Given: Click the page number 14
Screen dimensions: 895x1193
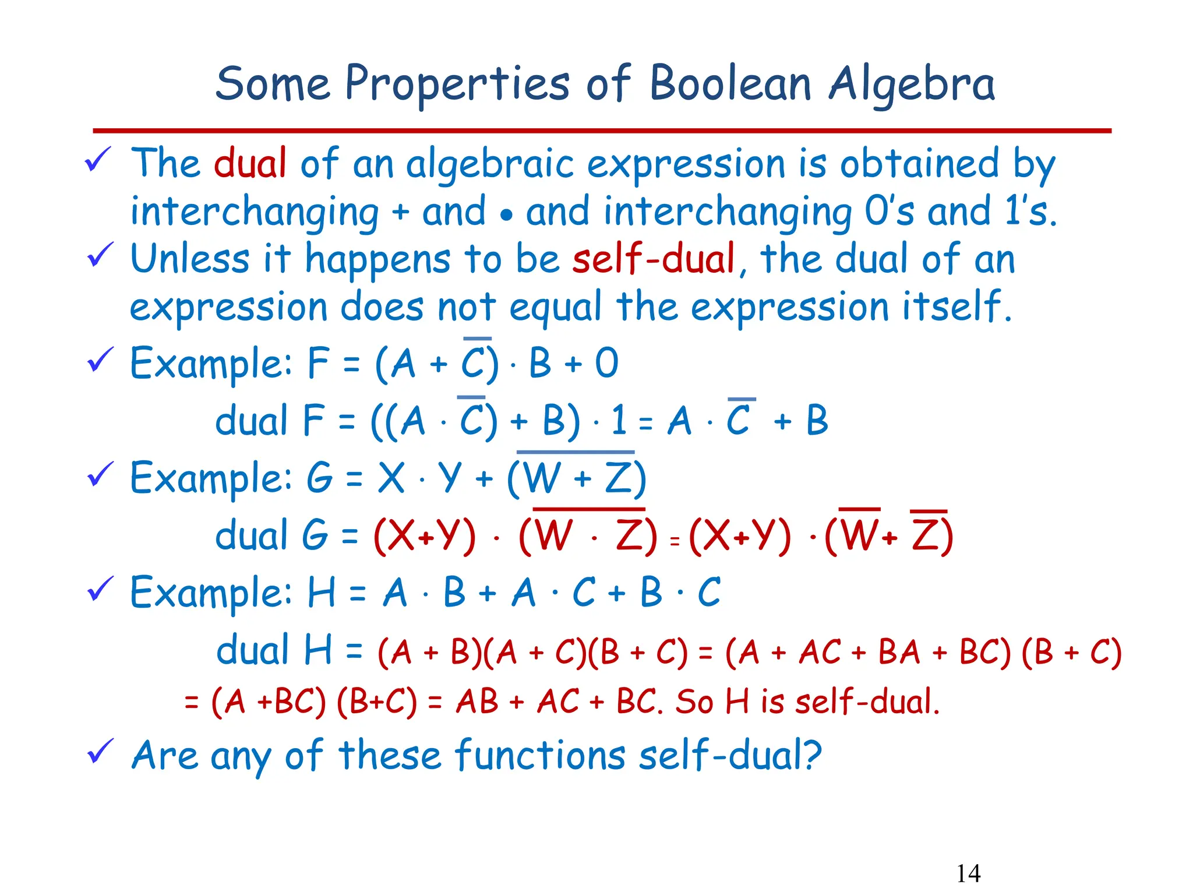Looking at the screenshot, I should (968, 873).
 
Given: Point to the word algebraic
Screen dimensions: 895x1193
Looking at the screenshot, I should (489, 165).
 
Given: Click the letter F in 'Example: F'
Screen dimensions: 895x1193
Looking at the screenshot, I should (318, 363).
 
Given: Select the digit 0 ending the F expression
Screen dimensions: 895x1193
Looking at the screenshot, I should (606, 363).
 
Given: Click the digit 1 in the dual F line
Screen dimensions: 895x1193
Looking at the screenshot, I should (619, 420).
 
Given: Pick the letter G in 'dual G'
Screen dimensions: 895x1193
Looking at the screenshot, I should (315, 535).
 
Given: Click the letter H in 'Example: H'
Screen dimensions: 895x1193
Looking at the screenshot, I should (322, 593).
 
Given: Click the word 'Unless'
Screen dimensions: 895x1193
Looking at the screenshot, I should (190, 259).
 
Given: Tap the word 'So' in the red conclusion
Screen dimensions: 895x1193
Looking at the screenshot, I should (694, 702).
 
